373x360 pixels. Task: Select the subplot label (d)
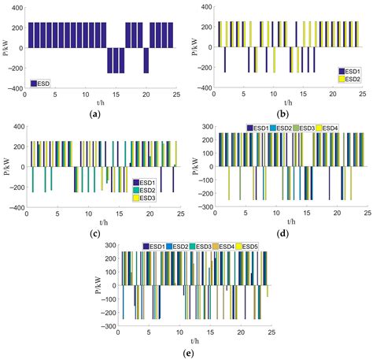pos(280,234)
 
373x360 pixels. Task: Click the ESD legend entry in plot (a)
pos(46,84)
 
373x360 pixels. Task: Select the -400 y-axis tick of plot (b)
pos(201,87)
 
